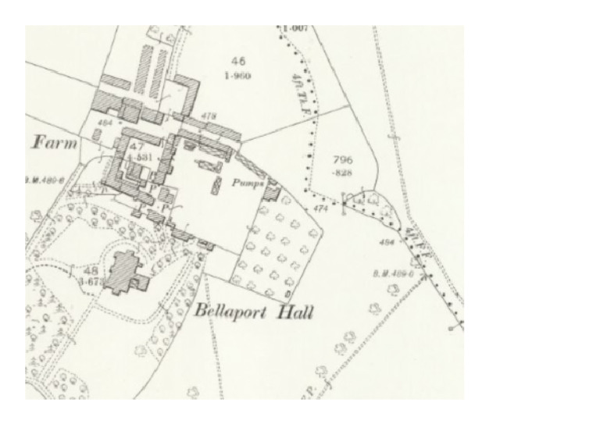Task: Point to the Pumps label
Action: tap(247, 180)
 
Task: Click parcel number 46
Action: tap(238, 59)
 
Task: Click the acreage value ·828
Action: tap(344, 173)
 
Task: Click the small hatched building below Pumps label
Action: tap(272, 190)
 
